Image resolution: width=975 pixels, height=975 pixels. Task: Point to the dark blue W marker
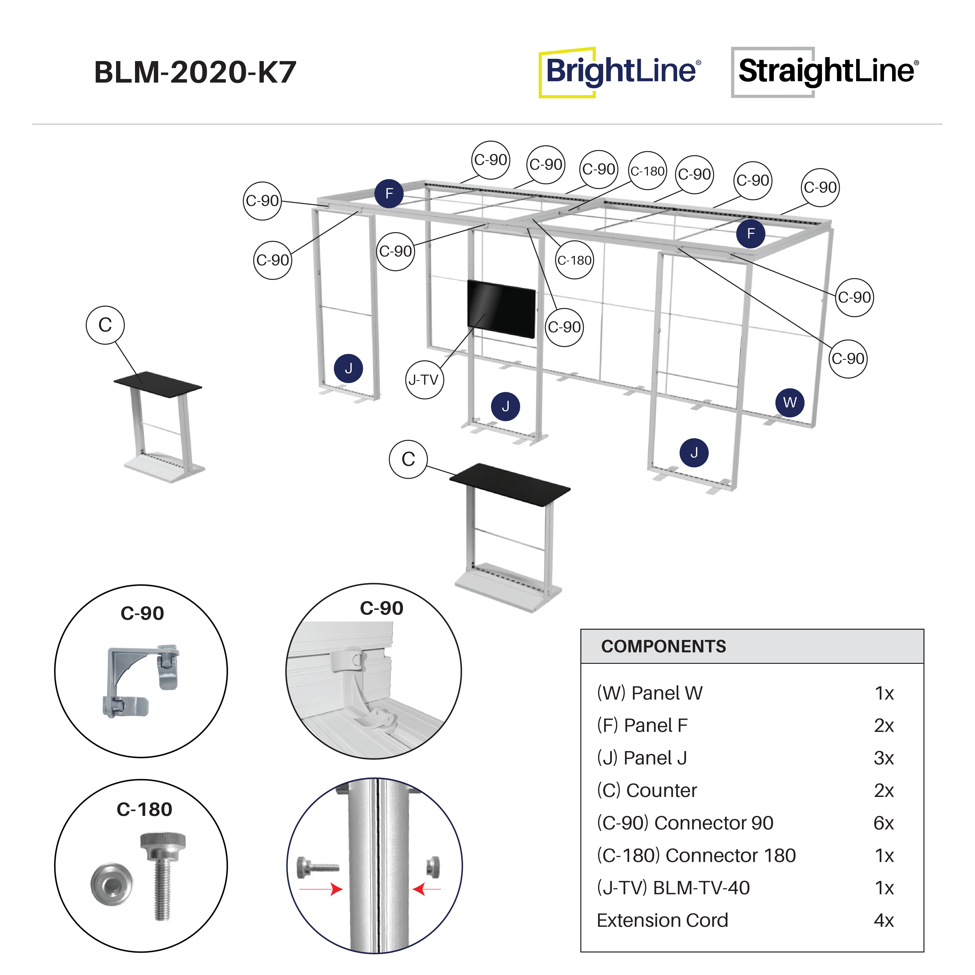[x=790, y=402]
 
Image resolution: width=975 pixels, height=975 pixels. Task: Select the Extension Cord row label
[x=662, y=920]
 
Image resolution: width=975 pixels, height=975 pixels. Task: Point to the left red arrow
[x=321, y=889]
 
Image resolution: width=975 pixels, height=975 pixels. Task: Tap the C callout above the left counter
[x=105, y=325]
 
